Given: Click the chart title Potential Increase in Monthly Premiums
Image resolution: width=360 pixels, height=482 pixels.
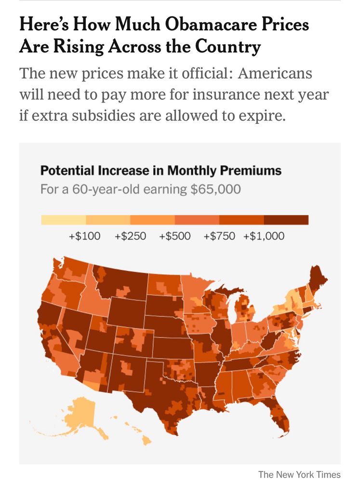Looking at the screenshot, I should [160, 171].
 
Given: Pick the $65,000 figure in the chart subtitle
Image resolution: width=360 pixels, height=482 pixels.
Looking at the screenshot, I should [215, 189].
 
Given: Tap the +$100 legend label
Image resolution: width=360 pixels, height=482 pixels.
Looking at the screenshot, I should [85, 236].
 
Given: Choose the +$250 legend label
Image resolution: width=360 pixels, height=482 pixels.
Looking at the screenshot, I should [130, 236].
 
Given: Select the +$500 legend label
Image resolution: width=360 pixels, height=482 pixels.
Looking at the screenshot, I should [174, 236].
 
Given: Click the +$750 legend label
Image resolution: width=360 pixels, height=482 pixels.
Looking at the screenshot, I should [219, 236].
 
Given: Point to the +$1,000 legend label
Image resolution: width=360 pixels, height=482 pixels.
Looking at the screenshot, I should [264, 236].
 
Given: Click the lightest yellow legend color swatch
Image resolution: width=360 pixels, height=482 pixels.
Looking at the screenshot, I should [63, 220].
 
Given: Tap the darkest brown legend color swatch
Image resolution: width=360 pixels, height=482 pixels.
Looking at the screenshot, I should [286, 220].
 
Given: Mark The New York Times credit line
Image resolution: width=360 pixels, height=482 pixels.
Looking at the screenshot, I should [299, 474].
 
